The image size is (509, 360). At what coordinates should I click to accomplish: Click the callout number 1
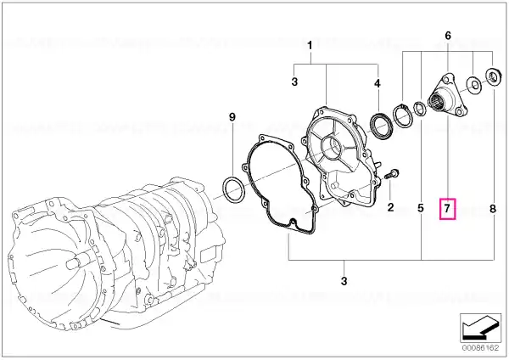click(x=310, y=46)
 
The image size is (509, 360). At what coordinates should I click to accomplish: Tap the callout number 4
click(x=377, y=84)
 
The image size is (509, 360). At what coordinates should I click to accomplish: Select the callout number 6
click(x=448, y=36)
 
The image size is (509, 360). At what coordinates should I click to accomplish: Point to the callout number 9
click(x=232, y=117)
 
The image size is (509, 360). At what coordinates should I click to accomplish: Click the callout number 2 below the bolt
click(x=390, y=207)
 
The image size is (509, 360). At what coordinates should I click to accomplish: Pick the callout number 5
click(x=421, y=208)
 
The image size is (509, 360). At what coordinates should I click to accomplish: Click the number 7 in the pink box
click(x=447, y=208)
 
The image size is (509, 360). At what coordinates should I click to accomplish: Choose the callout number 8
click(x=493, y=209)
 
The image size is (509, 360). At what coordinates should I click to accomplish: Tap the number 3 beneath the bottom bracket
click(x=344, y=280)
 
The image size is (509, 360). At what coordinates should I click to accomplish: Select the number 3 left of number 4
click(x=294, y=82)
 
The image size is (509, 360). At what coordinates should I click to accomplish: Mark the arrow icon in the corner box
click(x=480, y=327)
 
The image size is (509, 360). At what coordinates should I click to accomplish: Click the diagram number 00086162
click(x=480, y=348)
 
